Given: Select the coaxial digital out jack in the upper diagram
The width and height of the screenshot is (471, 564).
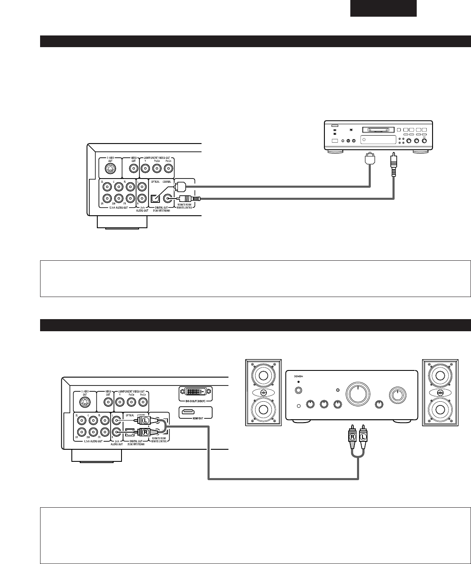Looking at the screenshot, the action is [168, 199].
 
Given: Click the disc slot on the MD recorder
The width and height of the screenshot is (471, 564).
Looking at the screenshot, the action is [378, 130].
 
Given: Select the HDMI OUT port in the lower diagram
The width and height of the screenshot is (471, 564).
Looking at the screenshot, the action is [195, 412].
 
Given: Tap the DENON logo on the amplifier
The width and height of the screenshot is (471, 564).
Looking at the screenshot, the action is [298, 375].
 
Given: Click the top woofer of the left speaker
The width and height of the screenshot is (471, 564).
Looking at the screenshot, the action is [263, 377].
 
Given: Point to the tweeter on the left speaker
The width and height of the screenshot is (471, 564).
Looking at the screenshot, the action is [263, 393].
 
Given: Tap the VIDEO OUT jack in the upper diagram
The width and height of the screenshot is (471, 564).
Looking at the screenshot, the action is [133, 169].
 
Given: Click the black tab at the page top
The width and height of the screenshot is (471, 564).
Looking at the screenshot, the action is [383, 8].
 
